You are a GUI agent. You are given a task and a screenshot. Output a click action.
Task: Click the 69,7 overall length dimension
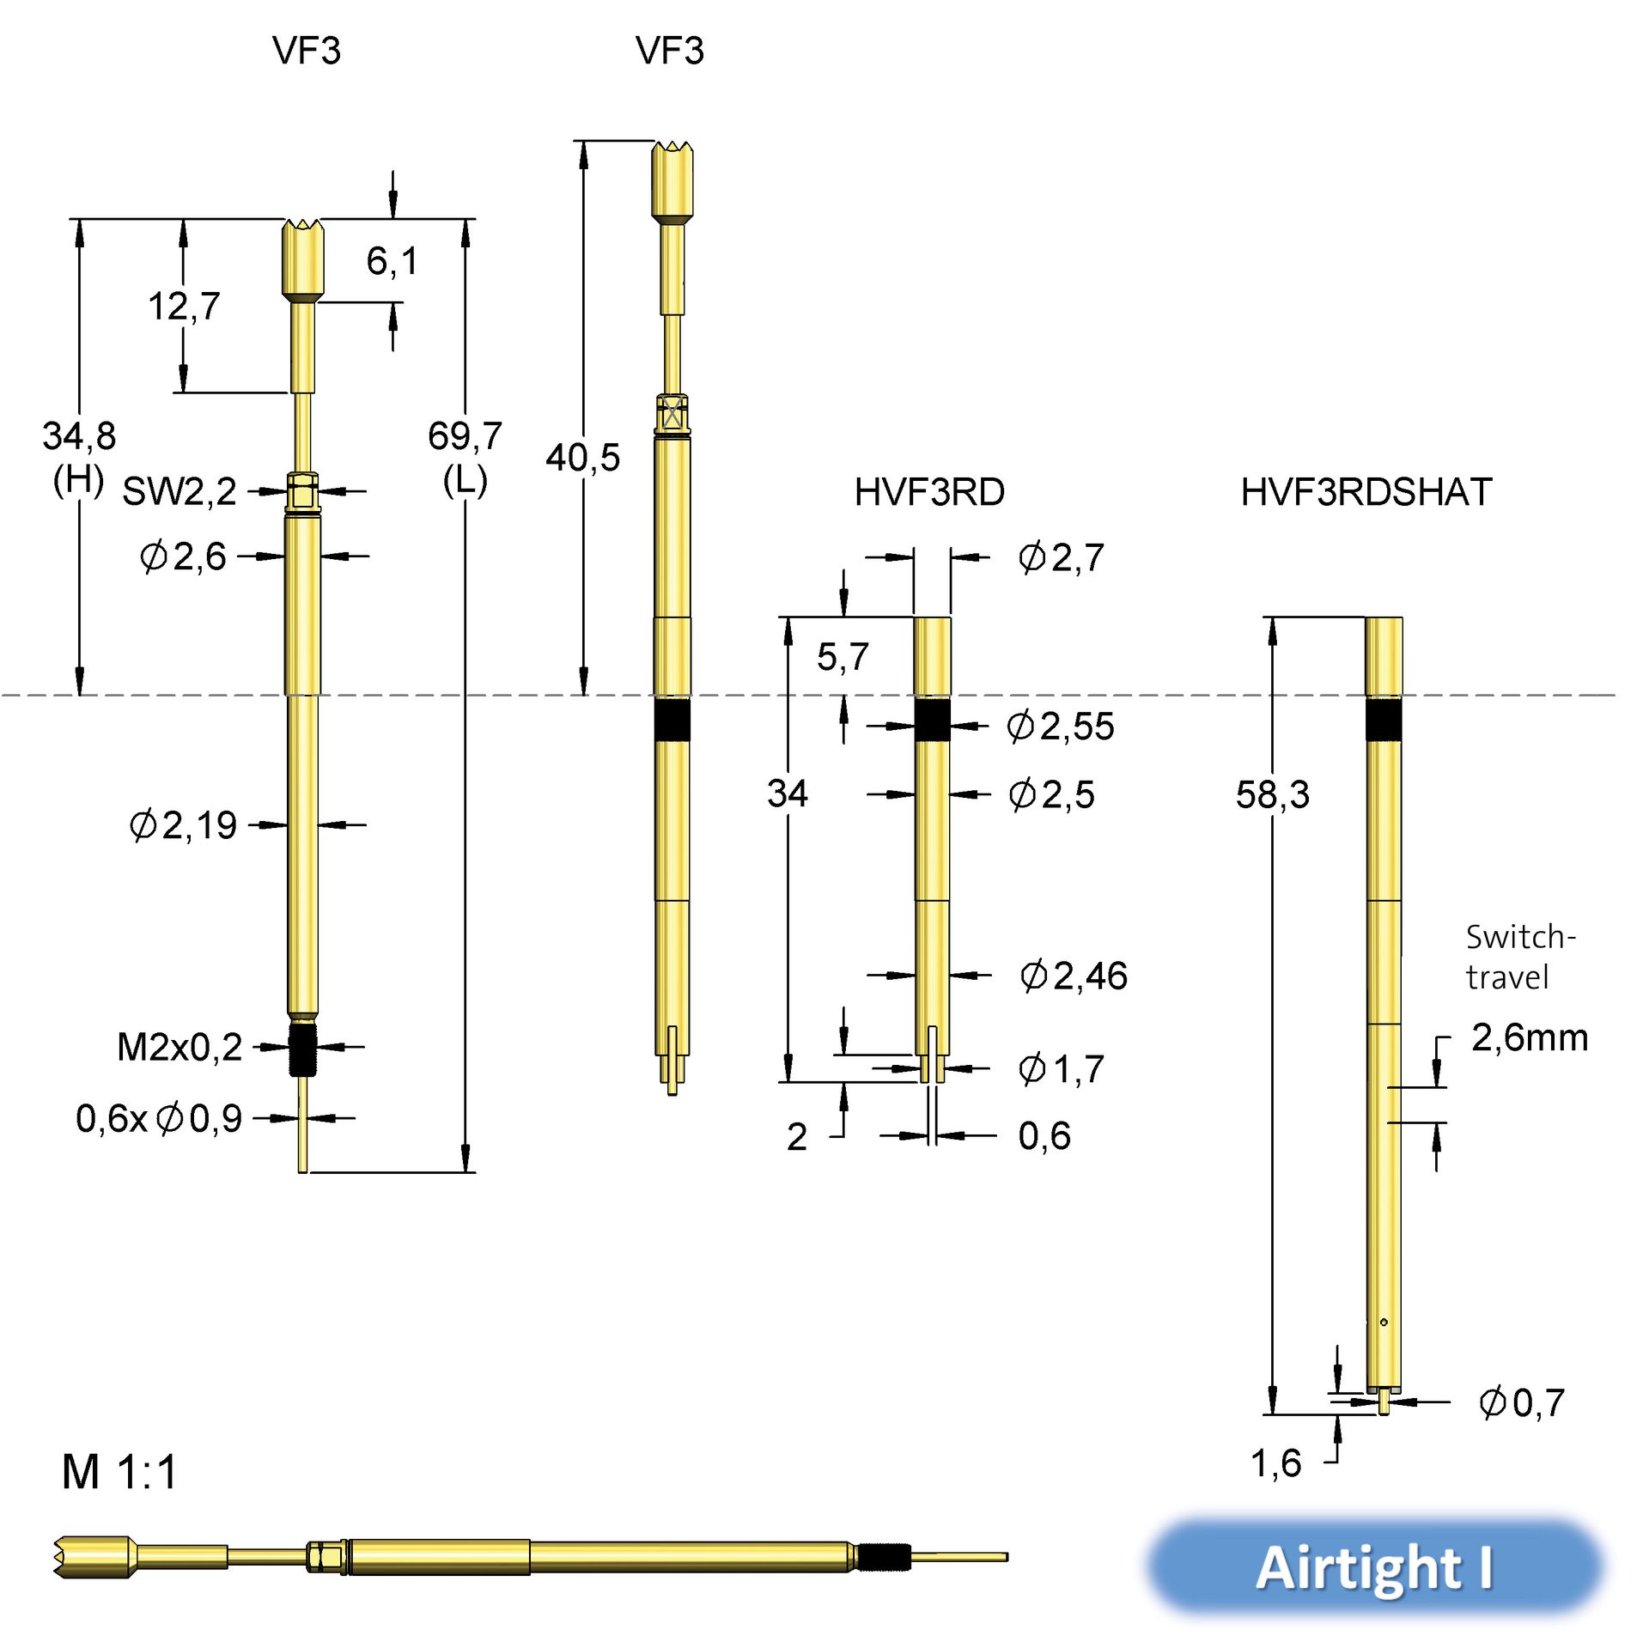pyautogui.click(x=464, y=436)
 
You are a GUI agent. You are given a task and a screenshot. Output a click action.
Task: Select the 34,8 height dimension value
pyautogui.click(x=79, y=436)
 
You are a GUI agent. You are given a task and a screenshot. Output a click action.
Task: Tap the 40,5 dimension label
pyautogui.click(x=582, y=458)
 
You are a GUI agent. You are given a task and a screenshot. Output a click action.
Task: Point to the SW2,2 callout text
pyautogui.click(x=179, y=492)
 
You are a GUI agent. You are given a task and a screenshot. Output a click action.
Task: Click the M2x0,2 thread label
pyautogui.click(x=180, y=1048)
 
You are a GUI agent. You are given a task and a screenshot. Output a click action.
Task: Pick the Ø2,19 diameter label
pyautogui.click(x=183, y=825)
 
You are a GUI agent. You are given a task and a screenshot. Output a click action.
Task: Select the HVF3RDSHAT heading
pyautogui.click(x=1366, y=492)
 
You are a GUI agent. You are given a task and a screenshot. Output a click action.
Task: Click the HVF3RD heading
pyautogui.click(x=928, y=492)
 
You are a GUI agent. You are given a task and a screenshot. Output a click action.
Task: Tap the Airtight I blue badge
pyautogui.click(x=1374, y=1568)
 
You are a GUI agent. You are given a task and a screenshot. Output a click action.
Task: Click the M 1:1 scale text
pyautogui.click(x=119, y=1472)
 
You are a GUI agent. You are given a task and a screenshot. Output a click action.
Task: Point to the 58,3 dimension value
pyautogui.click(x=1272, y=794)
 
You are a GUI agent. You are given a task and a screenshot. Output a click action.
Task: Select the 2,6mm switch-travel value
pyautogui.click(x=1529, y=1037)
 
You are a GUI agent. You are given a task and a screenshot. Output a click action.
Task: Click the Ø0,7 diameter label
pyautogui.click(x=1521, y=1403)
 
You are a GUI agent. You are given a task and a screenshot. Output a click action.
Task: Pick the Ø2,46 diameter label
pyautogui.click(x=1074, y=976)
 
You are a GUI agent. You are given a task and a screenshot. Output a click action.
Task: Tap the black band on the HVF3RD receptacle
pyautogui.click(x=932, y=720)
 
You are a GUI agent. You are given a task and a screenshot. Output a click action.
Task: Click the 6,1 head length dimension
pyautogui.click(x=392, y=261)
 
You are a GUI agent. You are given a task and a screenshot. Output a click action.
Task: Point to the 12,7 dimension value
pyautogui.click(x=184, y=306)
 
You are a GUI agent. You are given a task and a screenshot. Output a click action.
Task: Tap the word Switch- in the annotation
pyautogui.click(x=1520, y=937)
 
